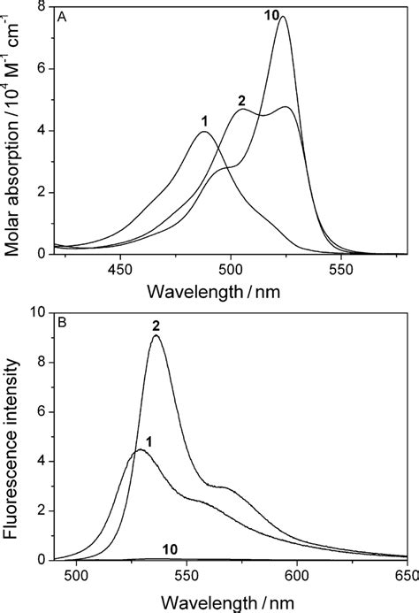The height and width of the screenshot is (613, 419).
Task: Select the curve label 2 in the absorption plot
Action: [x=240, y=100]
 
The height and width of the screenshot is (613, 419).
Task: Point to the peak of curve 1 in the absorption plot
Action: [x=204, y=132]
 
